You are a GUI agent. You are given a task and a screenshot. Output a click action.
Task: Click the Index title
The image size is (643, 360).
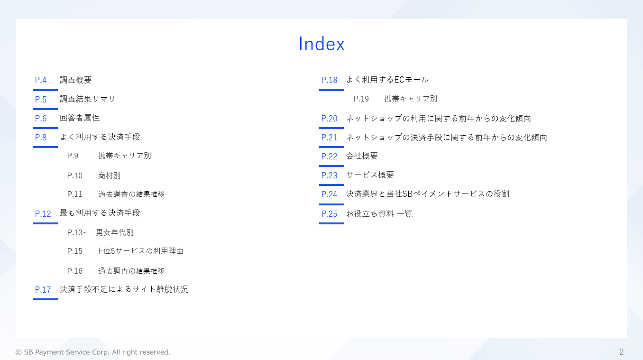[321, 44]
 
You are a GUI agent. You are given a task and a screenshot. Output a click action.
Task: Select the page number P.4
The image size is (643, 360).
[40, 80]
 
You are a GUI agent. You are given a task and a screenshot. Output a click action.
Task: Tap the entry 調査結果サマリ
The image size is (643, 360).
[87, 99]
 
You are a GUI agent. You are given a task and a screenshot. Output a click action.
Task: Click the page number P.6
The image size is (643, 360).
[40, 119]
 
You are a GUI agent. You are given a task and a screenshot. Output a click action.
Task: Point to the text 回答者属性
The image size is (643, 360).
[80, 118]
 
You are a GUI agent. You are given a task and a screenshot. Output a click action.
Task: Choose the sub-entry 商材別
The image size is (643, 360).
[109, 175]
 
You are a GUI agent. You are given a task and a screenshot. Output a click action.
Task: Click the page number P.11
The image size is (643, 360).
[74, 194]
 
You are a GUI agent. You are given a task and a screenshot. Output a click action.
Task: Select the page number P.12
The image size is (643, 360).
[43, 214]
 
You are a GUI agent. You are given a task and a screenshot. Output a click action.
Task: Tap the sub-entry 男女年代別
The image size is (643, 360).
[115, 232]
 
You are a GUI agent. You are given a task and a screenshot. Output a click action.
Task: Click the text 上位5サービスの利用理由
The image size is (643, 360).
[139, 251]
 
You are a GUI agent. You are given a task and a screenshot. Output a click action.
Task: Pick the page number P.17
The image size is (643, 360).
[43, 290]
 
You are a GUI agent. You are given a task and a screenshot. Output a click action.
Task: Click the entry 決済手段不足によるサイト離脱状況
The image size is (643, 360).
[124, 289]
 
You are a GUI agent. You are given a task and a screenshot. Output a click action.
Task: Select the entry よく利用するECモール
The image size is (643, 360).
[387, 80]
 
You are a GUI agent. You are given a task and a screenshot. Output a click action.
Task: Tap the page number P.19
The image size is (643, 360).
[361, 99]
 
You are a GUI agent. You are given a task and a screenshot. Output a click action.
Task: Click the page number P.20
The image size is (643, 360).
[329, 119]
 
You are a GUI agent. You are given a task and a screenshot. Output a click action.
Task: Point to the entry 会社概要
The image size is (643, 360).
[362, 156]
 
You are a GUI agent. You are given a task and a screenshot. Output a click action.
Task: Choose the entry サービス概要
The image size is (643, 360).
[370, 175]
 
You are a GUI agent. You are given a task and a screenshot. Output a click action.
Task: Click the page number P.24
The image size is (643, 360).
[329, 194]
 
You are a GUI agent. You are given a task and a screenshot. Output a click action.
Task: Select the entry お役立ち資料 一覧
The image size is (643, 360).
[379, 213]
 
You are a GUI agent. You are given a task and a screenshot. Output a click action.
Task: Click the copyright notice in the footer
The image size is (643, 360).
[93, 352]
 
